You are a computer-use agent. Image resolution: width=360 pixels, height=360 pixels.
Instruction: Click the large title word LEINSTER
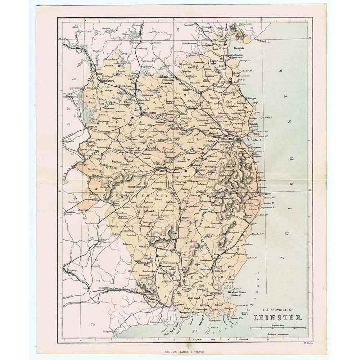pyautogui.click(x=280, y=318)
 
